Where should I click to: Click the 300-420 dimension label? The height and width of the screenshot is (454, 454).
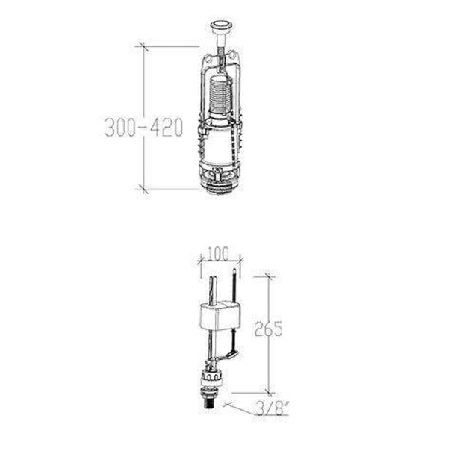(143, 127)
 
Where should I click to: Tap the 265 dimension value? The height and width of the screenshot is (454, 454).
(268, 329)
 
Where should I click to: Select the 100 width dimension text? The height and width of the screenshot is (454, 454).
(219, 254)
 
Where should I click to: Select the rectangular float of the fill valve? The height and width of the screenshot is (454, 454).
(220, 316)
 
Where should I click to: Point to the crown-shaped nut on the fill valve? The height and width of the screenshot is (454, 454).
(211, 376)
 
